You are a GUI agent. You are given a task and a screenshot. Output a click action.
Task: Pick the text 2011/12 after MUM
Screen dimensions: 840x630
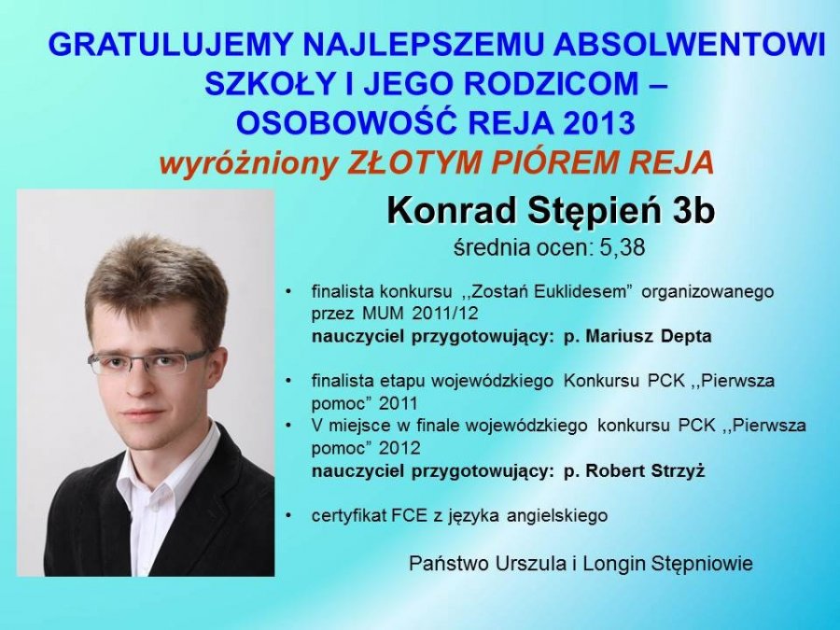(x=444, y=314)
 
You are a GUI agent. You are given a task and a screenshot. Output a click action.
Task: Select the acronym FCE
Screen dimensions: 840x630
(x=410, y=515)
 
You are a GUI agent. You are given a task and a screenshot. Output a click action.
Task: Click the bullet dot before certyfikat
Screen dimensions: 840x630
(x=289, y=516)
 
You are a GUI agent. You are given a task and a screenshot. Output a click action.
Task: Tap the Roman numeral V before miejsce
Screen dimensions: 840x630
(x=317, y=426)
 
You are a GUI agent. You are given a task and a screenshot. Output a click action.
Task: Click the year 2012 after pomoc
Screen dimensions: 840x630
(x=399, y=448)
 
